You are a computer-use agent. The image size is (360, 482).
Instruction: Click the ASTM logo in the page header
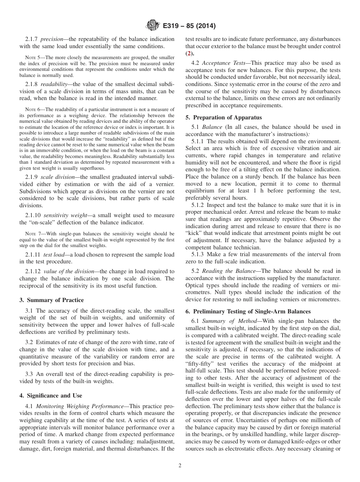click(x=152, y=26)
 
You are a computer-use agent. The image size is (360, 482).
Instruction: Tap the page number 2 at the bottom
click(x=180, y=466)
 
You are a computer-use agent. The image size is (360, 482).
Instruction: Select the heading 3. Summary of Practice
click(x=52, y=300)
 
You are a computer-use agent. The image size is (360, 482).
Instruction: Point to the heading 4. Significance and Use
click(x=51, y=396)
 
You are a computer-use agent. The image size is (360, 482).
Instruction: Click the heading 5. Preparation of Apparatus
click(x=224, y=117)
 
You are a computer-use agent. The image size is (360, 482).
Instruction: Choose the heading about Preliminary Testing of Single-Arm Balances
click(x=248, y=311)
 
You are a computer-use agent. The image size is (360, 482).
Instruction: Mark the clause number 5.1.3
click(x=199, y=254)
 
